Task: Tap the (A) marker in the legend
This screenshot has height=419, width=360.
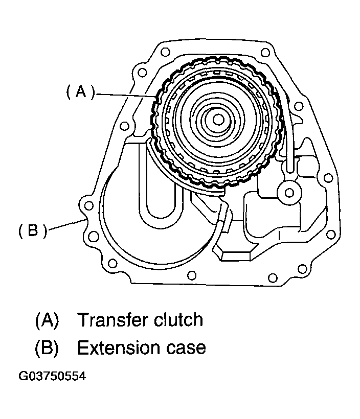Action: [x=47, y=320]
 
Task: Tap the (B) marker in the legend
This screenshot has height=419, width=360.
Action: [x=47, y=348]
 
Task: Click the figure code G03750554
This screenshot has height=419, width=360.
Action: [x=52, y=377]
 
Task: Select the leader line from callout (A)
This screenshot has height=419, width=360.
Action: [x=125, y=95]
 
